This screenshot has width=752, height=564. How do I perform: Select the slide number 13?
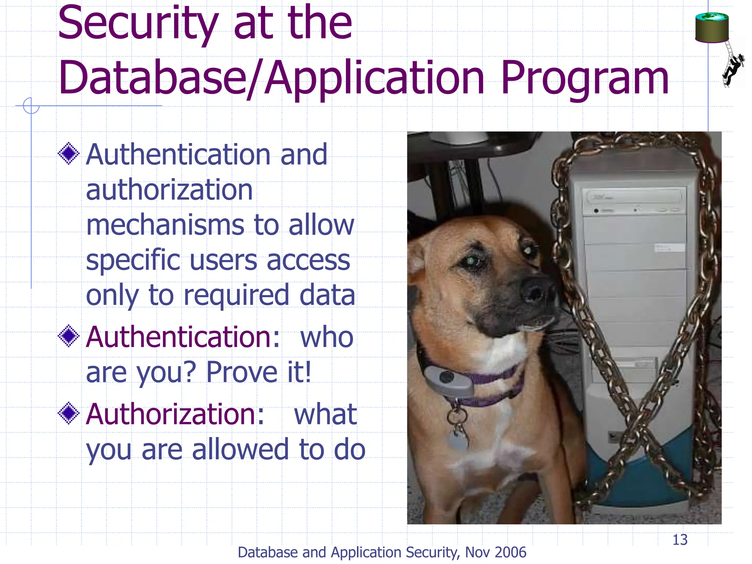pos(680,540)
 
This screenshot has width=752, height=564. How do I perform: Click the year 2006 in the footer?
pos(510,553)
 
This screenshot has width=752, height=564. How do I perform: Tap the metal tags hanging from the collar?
pos(457,430)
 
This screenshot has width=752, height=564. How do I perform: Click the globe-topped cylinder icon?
pos(712,28)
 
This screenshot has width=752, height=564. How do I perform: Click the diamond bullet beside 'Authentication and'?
pos(69,153)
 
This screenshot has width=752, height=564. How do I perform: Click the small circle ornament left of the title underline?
pos(31,106)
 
